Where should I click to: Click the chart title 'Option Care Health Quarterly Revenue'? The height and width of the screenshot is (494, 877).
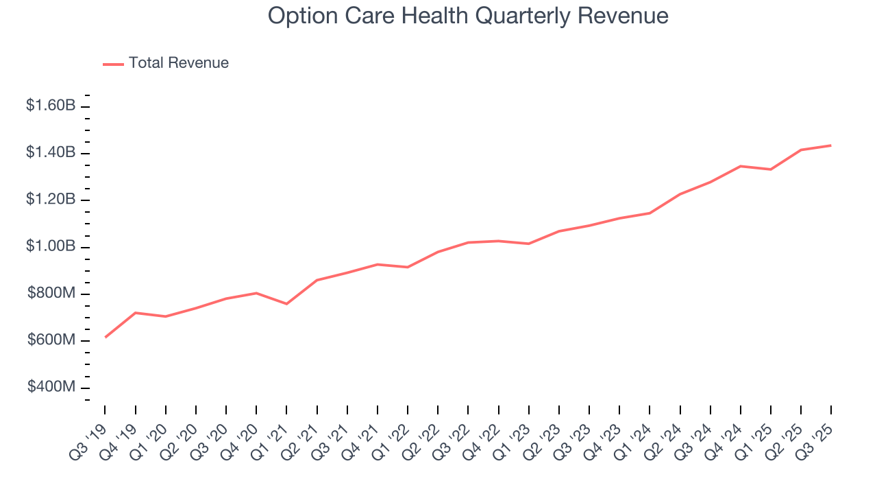tap(468, 16)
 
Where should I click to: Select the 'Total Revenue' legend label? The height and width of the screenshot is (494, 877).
tap(178, 63)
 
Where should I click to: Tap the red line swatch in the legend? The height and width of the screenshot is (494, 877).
tap(113, 64)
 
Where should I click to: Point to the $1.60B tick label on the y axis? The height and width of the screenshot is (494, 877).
tap(51, 106)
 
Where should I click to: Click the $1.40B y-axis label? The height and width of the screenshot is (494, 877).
tap(51, 152)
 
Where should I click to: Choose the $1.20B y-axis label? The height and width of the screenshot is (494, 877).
tap(51, 200)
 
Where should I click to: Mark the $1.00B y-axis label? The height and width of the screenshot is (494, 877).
tap(51, 246)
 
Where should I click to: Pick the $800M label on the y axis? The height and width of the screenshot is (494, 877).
tap(51, 294)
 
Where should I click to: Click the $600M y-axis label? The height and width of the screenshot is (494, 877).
tap(51, 340)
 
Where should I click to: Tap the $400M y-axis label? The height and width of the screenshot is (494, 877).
tap(51, 387)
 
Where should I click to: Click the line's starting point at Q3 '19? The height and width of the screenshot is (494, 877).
tap(105, 337)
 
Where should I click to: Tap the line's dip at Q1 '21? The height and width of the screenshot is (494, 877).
tap(286, 304)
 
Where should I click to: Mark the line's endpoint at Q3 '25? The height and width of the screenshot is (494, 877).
tap(831, 145)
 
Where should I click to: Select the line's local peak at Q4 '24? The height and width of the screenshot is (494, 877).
tap(741, 166)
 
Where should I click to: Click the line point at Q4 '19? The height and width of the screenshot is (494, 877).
tap(136, 313)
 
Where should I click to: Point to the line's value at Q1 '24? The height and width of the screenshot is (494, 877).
tap(650, 213)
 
